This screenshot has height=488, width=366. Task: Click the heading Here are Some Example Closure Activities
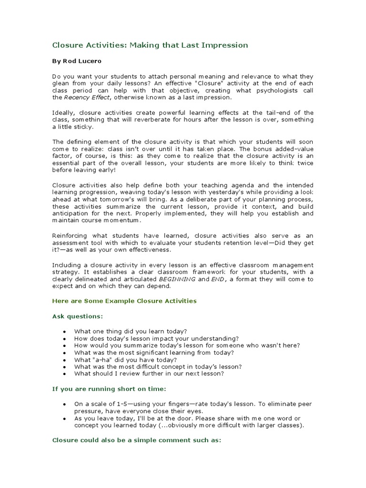pyautogui.click(x=124, y=301)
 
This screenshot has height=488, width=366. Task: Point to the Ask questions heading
pyautogui.click(x=77, y=316)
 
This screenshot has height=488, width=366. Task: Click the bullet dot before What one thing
pyautogui.click(x=64, y=331)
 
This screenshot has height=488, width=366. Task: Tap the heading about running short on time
pyautogui.click(x=109, y=389)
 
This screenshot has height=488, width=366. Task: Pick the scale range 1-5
pyautogui.click(x=121, y=404)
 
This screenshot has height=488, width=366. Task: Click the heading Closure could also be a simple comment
pyautogui.click(x=136, y=441)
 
